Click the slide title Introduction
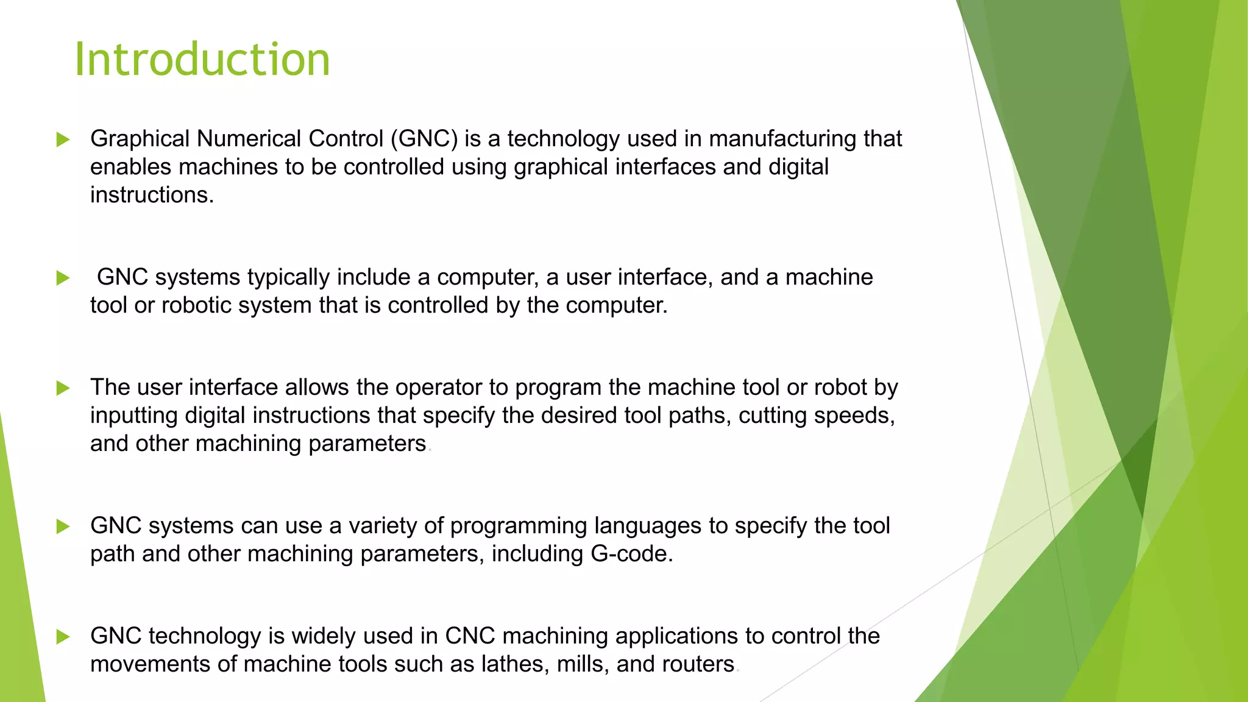click(x=202, y=60)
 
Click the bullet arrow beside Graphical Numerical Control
click(x=63, y=140)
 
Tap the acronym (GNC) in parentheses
click(x=424, y=139)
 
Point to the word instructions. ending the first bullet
click(x=152, y=195)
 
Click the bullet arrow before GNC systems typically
click(x=63, y=278)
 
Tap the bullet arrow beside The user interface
click(x=63, y=388)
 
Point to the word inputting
click(x=134, y=416)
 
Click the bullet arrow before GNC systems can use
click(x=63, y=526)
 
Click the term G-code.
click(x=631, y=554)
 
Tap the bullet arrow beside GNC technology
click(x=63, y=637)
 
